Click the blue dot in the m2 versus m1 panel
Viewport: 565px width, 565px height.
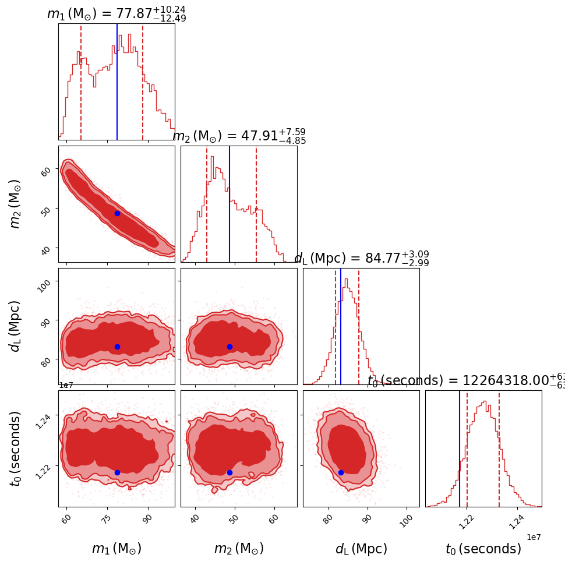point(117,213)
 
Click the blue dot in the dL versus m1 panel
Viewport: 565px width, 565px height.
point(117,347)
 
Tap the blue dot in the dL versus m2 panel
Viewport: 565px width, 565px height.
point(229,347)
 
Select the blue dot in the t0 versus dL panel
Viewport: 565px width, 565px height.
point(341,472)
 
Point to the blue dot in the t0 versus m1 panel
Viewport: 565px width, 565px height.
point(117,472)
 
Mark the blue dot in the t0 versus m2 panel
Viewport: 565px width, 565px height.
point(229,472)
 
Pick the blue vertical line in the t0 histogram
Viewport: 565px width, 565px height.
point(460,449)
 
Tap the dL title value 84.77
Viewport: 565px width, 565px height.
point(382,259)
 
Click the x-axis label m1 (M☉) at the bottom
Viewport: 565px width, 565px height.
point(116,549)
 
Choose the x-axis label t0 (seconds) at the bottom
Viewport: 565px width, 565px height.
point(483,549)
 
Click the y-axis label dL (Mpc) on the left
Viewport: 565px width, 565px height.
point(15,326)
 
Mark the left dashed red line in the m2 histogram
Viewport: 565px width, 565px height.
point(207,204)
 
